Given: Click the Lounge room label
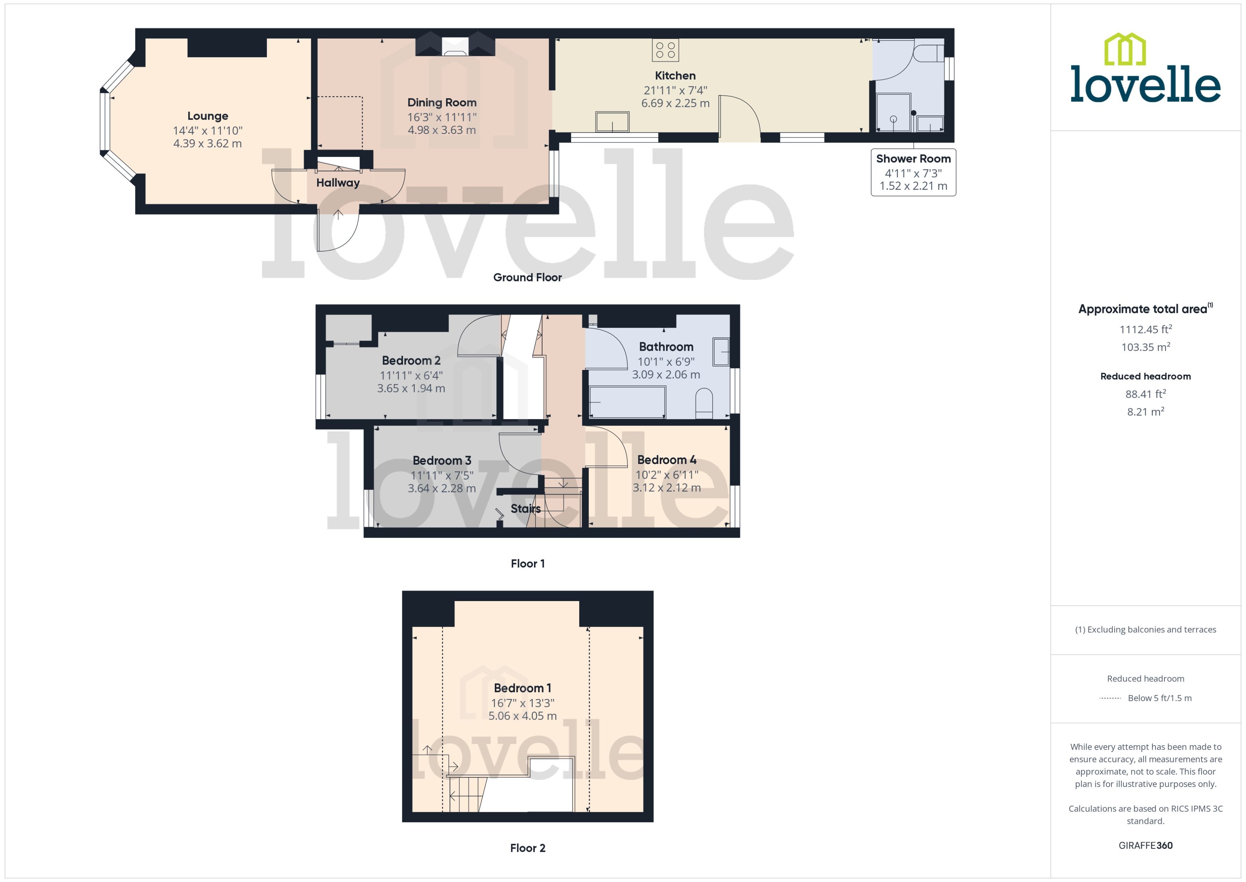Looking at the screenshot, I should point(208,116).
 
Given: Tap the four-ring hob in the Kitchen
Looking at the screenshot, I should point(665,51).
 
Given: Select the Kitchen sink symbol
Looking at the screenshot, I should point(612,122).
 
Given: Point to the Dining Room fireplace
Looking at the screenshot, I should point(455,46).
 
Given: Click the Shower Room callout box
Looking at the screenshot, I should point(913,172).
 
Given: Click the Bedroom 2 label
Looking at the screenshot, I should point(411,361).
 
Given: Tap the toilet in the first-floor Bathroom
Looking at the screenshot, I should point(703,403).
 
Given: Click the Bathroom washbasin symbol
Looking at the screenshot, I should point(721,352).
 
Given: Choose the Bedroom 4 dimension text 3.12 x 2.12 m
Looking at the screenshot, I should point(666,488).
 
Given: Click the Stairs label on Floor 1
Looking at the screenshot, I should point(525,509).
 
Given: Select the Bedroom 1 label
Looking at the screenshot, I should point(522,688).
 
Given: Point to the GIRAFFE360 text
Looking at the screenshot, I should point(1145,846).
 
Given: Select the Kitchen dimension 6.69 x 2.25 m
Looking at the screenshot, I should point(675,103).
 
